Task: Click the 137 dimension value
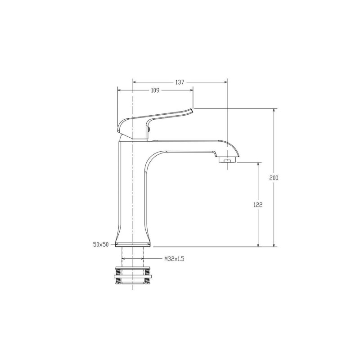(180, 82)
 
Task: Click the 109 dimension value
(155, 90)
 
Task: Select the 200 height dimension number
(274, 178)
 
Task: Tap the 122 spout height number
(258, 205)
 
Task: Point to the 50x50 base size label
(101, 244)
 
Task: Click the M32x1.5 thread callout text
(174, 259)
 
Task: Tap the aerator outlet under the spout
(227, 160)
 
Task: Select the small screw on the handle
(149, 130)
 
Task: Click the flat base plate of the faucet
(133, 245)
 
